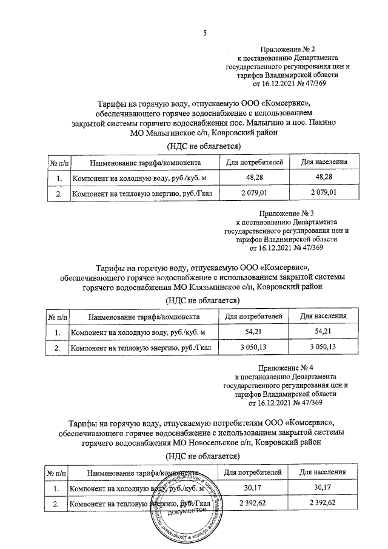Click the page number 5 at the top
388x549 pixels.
[204, 33]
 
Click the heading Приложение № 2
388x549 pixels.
[288, 48]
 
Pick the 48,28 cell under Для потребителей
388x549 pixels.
[253, 178]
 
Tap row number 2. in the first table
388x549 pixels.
[58, 193]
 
